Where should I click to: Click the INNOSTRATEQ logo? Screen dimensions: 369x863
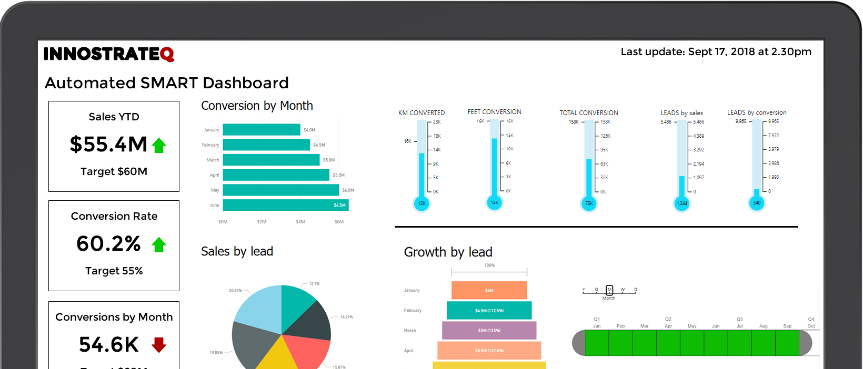coord(108,54)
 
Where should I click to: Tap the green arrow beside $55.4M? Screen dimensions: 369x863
coord(159,145)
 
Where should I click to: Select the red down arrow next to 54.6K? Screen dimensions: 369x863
coord(159,345)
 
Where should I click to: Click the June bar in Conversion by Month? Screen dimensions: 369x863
coord(285,205)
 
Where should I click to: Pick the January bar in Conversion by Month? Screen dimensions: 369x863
coord(262,130)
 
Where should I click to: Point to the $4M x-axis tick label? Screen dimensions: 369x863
coord(300,222)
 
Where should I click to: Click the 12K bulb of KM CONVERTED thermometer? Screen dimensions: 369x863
coord(422,203)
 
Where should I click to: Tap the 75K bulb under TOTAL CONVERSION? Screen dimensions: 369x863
coord(589,203)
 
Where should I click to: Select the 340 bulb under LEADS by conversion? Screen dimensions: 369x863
coord(757,202)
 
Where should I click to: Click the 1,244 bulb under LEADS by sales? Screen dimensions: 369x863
coord(682,203)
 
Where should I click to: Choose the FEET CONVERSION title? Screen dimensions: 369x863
coord(494,112)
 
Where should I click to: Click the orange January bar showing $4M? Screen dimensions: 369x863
coord(489,290)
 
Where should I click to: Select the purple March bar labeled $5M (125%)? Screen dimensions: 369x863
coord(489,330)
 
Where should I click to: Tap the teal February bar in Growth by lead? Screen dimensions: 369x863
coord(489,310)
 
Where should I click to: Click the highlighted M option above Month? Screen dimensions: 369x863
coord(609,290)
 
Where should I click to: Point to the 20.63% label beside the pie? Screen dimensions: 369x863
coord(235,290)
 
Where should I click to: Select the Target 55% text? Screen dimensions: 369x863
coord(114,271)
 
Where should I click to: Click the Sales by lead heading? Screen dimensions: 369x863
coord(237,251)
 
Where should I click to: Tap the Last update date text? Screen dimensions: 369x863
coord(716,52)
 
